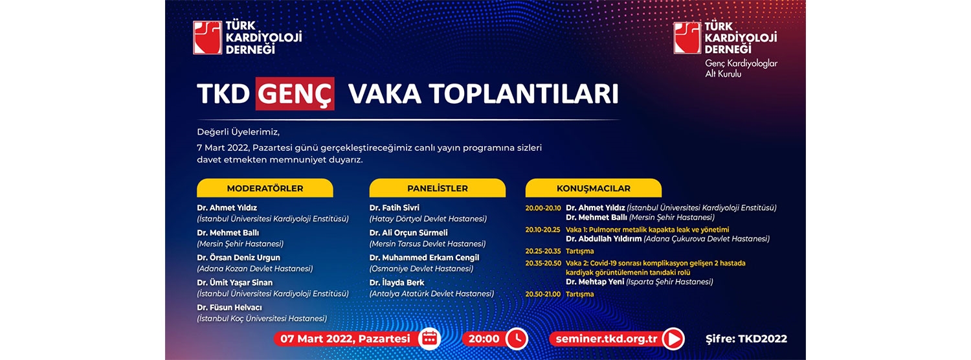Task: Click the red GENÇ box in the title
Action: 295,93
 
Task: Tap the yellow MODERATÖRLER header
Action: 265,188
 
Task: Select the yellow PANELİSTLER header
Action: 438,188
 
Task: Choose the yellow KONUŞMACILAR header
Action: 594,188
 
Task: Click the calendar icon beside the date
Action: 430,339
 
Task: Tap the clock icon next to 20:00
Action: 517,339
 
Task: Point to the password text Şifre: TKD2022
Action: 746,339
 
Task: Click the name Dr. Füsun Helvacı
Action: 229,308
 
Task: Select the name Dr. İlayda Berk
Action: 397,283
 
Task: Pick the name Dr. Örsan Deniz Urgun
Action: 238,258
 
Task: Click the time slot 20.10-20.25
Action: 542,229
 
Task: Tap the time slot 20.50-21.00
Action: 542,294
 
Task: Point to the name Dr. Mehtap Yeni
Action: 595,282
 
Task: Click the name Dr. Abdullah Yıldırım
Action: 603,238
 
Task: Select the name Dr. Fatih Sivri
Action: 394,208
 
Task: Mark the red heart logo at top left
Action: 208,38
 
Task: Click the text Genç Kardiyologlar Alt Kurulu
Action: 741,69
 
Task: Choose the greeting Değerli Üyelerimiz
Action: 238,132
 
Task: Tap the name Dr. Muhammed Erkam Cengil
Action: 425,258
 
